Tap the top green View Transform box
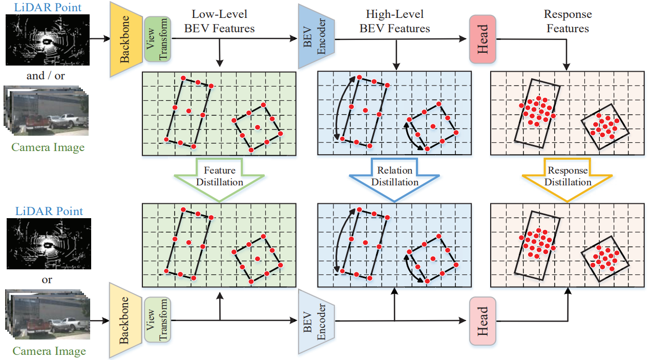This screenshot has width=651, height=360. pyautogui.click(x=157, y=38)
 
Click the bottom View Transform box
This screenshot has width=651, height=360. pyautogui.click(x=158, y=320)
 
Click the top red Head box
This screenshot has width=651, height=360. pyautogui.click(x=483, y=38)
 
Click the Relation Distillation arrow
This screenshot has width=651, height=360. pyautogui.click(x=394, y=176)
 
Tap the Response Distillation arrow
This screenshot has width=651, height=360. pyautogui.click(x=568, y=176)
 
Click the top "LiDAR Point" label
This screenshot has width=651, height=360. pyautogui.click(x=48, y=6)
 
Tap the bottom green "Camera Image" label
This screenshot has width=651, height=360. pyautogui.click(x=49, y=351)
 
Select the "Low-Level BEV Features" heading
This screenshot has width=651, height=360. pyautogui.click(x=220, y=22)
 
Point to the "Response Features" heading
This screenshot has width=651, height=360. pyautogui.click(x=568, y=22)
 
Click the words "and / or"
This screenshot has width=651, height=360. pyautogui.click(x=47, y=76)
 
